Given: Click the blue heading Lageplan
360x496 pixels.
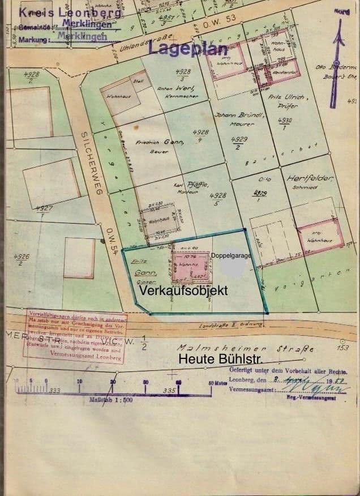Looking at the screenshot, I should click(185, 50).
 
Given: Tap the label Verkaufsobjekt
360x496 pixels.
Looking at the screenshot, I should click(183, 290).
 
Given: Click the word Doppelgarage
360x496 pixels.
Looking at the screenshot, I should click(231, 255).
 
